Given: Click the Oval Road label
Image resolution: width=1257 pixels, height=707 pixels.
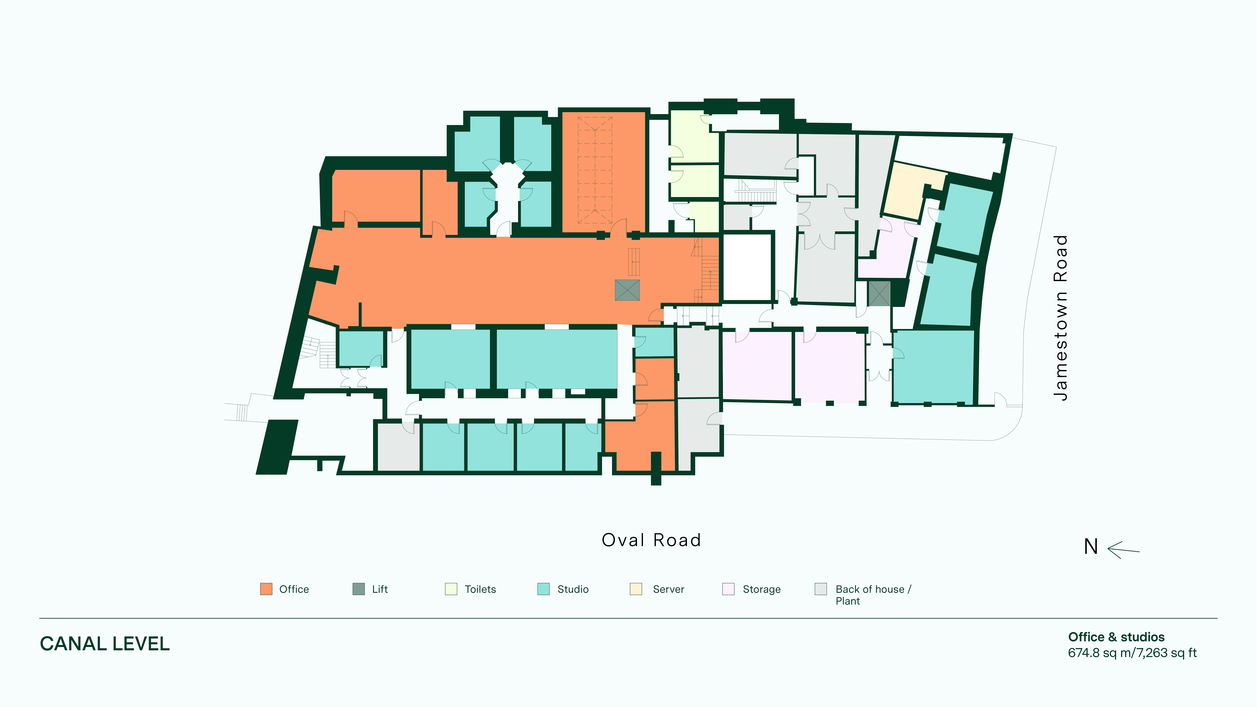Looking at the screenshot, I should (651, 540).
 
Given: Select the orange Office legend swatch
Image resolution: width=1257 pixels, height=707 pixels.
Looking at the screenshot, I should (266, 589).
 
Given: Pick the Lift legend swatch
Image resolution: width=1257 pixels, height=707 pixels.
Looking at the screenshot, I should (359, 589).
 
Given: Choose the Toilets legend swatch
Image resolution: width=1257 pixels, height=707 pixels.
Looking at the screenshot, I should (451, 589).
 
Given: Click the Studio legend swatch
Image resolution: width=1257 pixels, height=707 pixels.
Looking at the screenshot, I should (543, 589).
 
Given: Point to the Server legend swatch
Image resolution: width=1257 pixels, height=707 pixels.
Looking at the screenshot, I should (636, 589).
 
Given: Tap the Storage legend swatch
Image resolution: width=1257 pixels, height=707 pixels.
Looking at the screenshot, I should (728, 589).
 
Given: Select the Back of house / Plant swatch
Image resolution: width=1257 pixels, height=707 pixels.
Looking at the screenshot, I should (821, 589).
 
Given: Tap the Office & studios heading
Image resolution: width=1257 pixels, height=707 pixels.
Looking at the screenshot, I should (1116, 637).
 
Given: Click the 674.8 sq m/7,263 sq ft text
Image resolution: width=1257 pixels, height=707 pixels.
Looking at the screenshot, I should (1132, 653).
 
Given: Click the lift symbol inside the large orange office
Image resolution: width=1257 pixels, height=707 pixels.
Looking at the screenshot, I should (627, 290).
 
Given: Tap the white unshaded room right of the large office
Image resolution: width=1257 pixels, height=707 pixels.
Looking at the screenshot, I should (747, 267).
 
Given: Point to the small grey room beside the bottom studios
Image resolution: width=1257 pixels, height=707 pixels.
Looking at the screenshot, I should (399, 447).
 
